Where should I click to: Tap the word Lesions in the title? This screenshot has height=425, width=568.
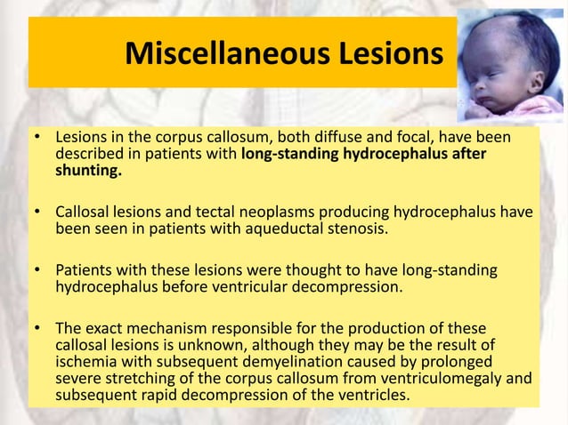click(x=387, y=54)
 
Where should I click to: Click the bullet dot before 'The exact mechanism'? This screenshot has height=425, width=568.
click(x=38, y=329)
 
